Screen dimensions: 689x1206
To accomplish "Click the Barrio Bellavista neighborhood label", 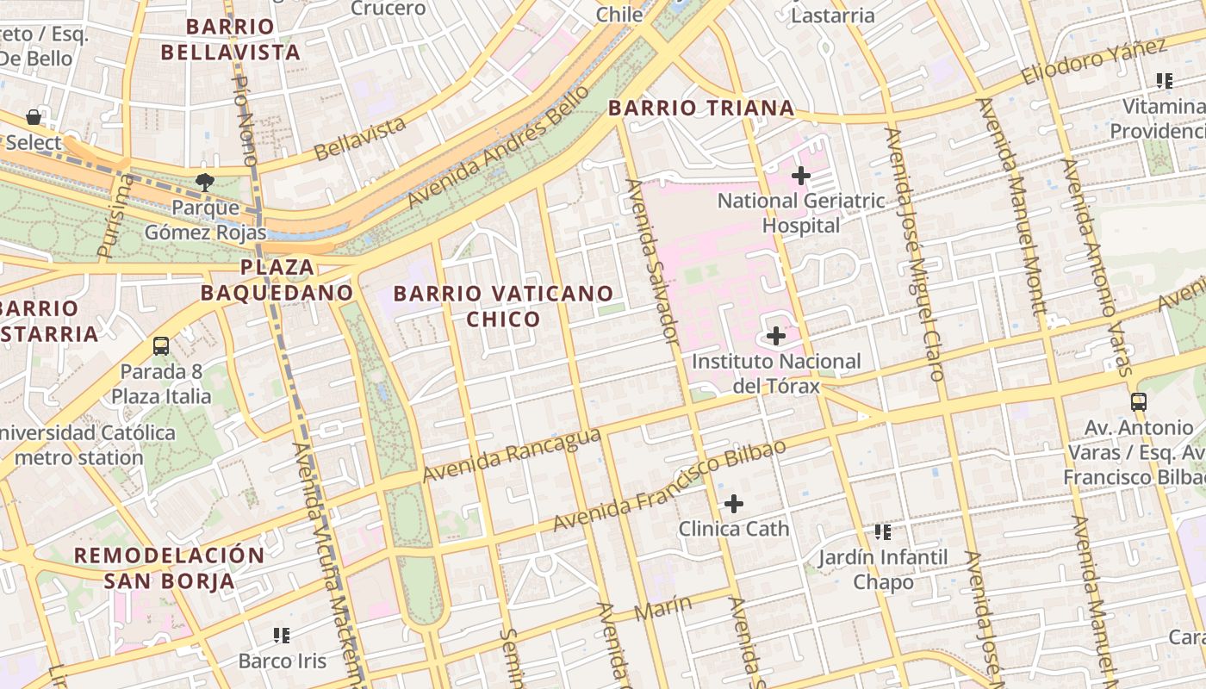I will tap(230, 40).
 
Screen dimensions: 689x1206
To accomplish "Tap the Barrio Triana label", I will tap(701, 108).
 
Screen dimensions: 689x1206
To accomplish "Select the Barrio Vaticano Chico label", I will tap(503, 306).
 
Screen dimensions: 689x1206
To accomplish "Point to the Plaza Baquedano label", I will tap(277, 280).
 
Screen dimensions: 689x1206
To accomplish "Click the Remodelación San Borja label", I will tap(169, 568).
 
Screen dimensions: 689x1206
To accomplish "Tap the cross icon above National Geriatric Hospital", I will tap(801, 176).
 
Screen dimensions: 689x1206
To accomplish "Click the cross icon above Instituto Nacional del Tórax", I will tap(776, 336).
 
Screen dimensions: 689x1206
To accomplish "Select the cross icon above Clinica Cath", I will tap(734, 503).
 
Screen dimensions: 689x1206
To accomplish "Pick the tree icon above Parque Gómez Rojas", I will tap(204, 182).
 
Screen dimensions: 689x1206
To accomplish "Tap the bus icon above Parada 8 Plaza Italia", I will tap(161, 346).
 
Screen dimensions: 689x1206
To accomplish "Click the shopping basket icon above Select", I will tap(34, 116).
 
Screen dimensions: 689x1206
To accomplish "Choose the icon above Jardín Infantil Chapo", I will tap(883, 531).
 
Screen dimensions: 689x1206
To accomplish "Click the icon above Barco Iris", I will tap(282, 636).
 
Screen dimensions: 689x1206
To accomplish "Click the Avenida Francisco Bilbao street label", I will tap(669, 486).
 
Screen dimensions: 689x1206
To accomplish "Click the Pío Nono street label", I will tap(246, 120).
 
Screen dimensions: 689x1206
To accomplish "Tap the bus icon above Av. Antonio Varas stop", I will tap(1139, 401).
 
